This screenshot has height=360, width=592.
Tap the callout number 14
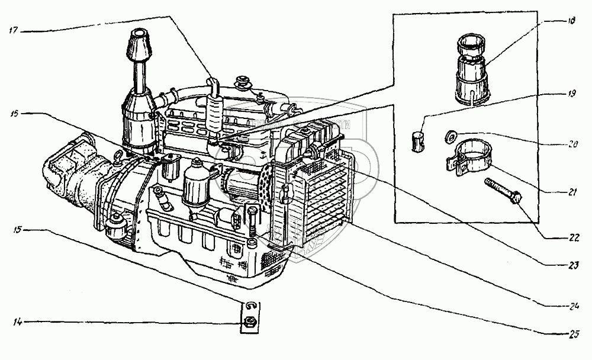(x=18, y=322)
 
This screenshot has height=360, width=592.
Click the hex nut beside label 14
(x=249, y=323)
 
